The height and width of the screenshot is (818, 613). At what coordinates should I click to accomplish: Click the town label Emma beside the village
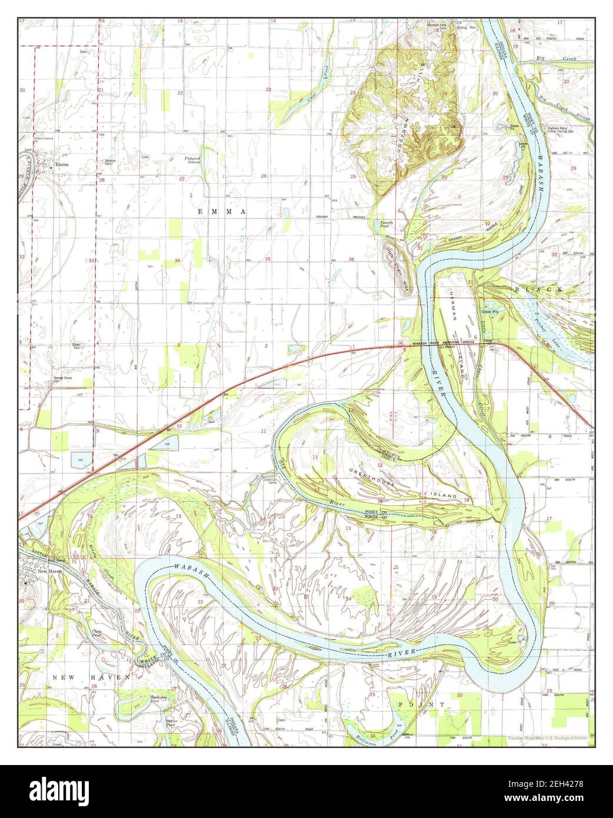(62, 165)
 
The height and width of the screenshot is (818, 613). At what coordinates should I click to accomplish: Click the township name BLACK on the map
(539, 290)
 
